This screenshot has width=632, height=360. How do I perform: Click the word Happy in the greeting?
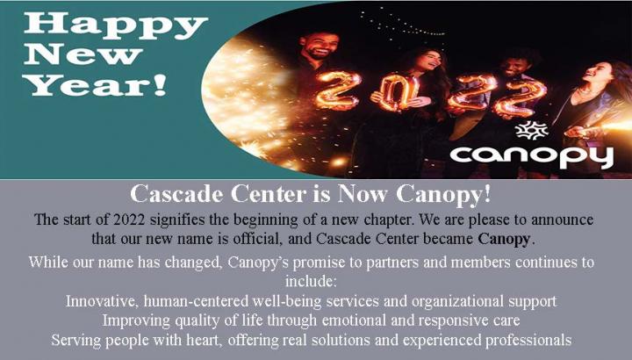(116, 25)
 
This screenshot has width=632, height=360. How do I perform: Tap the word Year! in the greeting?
(96, 85)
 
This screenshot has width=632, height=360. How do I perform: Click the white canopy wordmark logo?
(531, 157)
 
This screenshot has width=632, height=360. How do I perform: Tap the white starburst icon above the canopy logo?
(532, 131)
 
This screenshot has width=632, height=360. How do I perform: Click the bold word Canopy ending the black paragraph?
(504, 239)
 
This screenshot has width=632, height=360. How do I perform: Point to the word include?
(311, 281)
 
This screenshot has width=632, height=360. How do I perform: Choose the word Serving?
(75, 341)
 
